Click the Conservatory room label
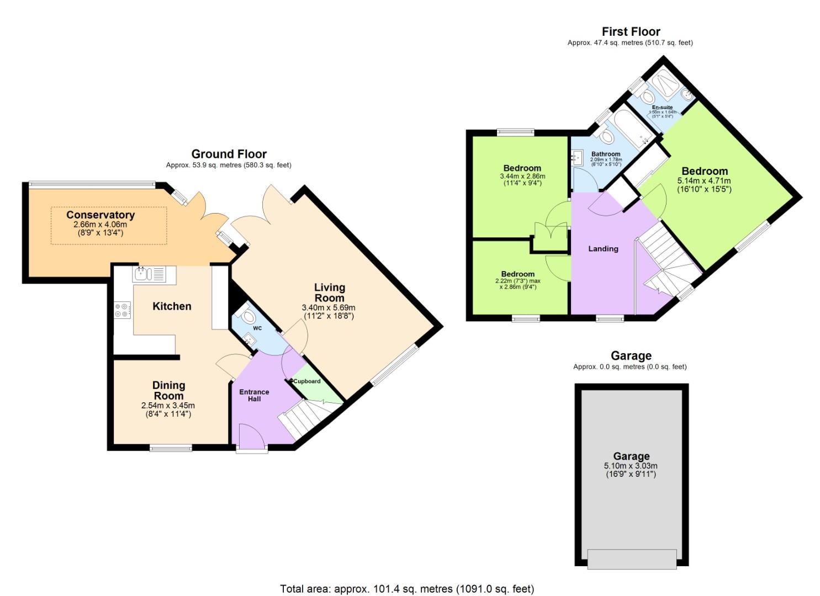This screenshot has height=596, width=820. coord(100,215)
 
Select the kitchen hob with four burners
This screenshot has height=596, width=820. coord(123,310)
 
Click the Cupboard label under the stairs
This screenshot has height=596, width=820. coord(306,381)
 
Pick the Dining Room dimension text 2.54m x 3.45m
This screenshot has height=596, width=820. coord(168,406)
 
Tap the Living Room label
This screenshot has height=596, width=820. coord(329,292)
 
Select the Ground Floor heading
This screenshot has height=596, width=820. coord(229,154)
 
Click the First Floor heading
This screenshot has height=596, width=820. coord(631,31)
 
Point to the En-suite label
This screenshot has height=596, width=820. coord(662,108)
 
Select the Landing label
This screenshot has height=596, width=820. coord(602,249)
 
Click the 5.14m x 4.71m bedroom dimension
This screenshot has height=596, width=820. coord(704,181)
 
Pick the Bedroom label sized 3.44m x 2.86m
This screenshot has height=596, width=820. coord(522,168)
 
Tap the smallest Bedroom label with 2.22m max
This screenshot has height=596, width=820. coord(517,274)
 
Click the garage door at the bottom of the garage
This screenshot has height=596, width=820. coord(632,558)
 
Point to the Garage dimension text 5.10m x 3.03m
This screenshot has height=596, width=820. coord(631,466)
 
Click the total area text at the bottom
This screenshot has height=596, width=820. coord(407,589)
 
